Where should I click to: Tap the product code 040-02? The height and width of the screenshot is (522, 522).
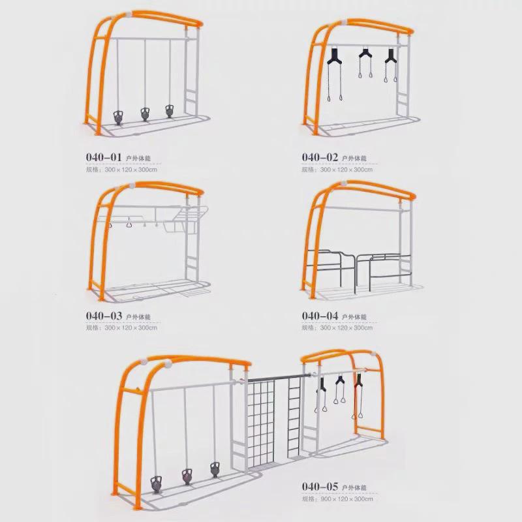point(320,157)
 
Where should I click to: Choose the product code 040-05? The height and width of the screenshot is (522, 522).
point(320,486)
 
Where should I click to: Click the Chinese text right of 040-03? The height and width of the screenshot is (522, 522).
point(138,316)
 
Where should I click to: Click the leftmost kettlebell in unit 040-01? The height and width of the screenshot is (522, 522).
point(118,118)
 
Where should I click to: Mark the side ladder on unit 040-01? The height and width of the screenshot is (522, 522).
point(191,98)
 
